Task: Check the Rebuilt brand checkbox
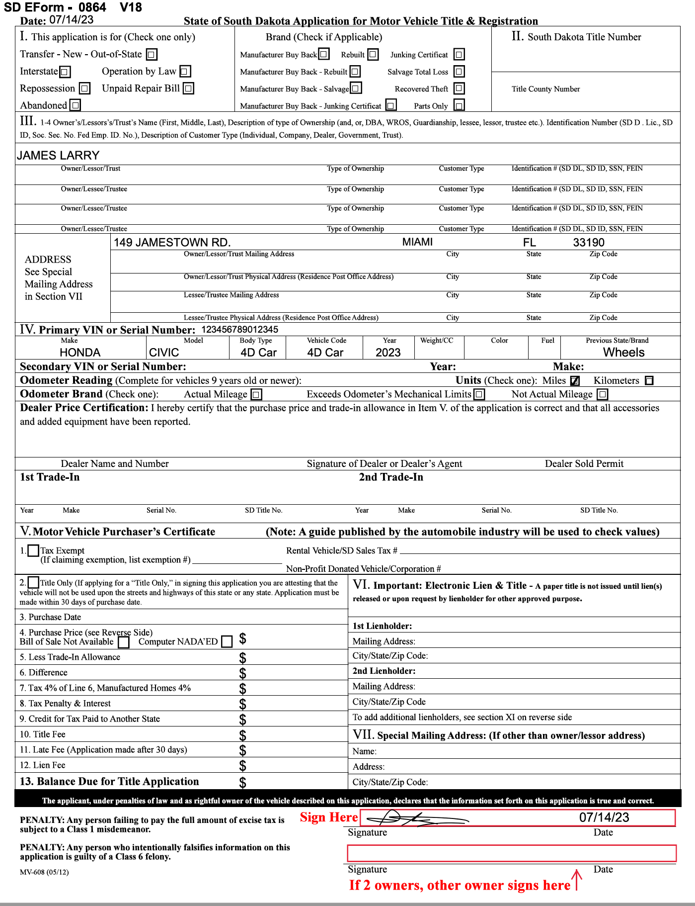[373, 54]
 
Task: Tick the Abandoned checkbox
[75, 105]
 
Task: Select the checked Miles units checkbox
[575, 381]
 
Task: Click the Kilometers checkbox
[649, 381]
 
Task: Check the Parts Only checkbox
[460, 105]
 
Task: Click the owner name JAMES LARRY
[58, 155]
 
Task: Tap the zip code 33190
[589, 243]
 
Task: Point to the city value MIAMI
[417, 242]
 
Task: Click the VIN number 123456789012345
[239, 330]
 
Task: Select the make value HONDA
[80, 353]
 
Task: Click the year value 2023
[388, 353]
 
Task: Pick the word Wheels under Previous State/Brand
[623, 353]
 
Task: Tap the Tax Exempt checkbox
[33, 550]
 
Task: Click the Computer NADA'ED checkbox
[227, 641]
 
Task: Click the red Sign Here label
[328, 817]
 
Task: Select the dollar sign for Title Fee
[242, 735]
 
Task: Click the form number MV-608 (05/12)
[44, 872]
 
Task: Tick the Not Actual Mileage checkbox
[602, 394]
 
